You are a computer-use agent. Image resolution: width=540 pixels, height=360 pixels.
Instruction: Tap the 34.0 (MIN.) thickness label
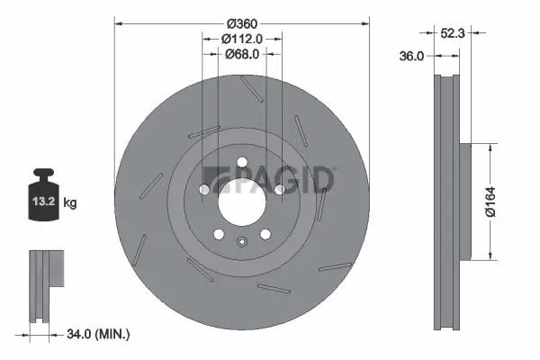coord(98,335)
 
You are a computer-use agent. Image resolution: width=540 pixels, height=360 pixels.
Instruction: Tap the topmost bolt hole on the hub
coord(241,162)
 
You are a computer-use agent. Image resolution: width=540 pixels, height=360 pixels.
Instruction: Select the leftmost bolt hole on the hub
coord(202,190)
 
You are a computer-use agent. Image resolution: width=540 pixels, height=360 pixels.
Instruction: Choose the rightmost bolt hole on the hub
coord(280,190)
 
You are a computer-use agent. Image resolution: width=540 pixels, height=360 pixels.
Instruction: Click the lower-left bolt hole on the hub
coord(218,234)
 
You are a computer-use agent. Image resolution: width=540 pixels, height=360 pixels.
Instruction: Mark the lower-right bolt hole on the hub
coord(265,234)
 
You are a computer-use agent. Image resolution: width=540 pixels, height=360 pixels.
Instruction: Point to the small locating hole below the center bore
coord(240,240)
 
